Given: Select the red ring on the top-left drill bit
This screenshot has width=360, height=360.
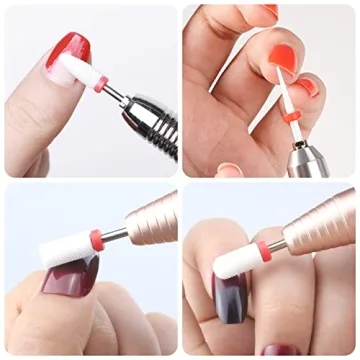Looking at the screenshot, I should coord(100,86).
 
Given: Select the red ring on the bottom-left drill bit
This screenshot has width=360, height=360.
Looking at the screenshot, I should coord(96,239).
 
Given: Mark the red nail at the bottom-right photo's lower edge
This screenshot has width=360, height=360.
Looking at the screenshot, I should coord(279,352).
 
